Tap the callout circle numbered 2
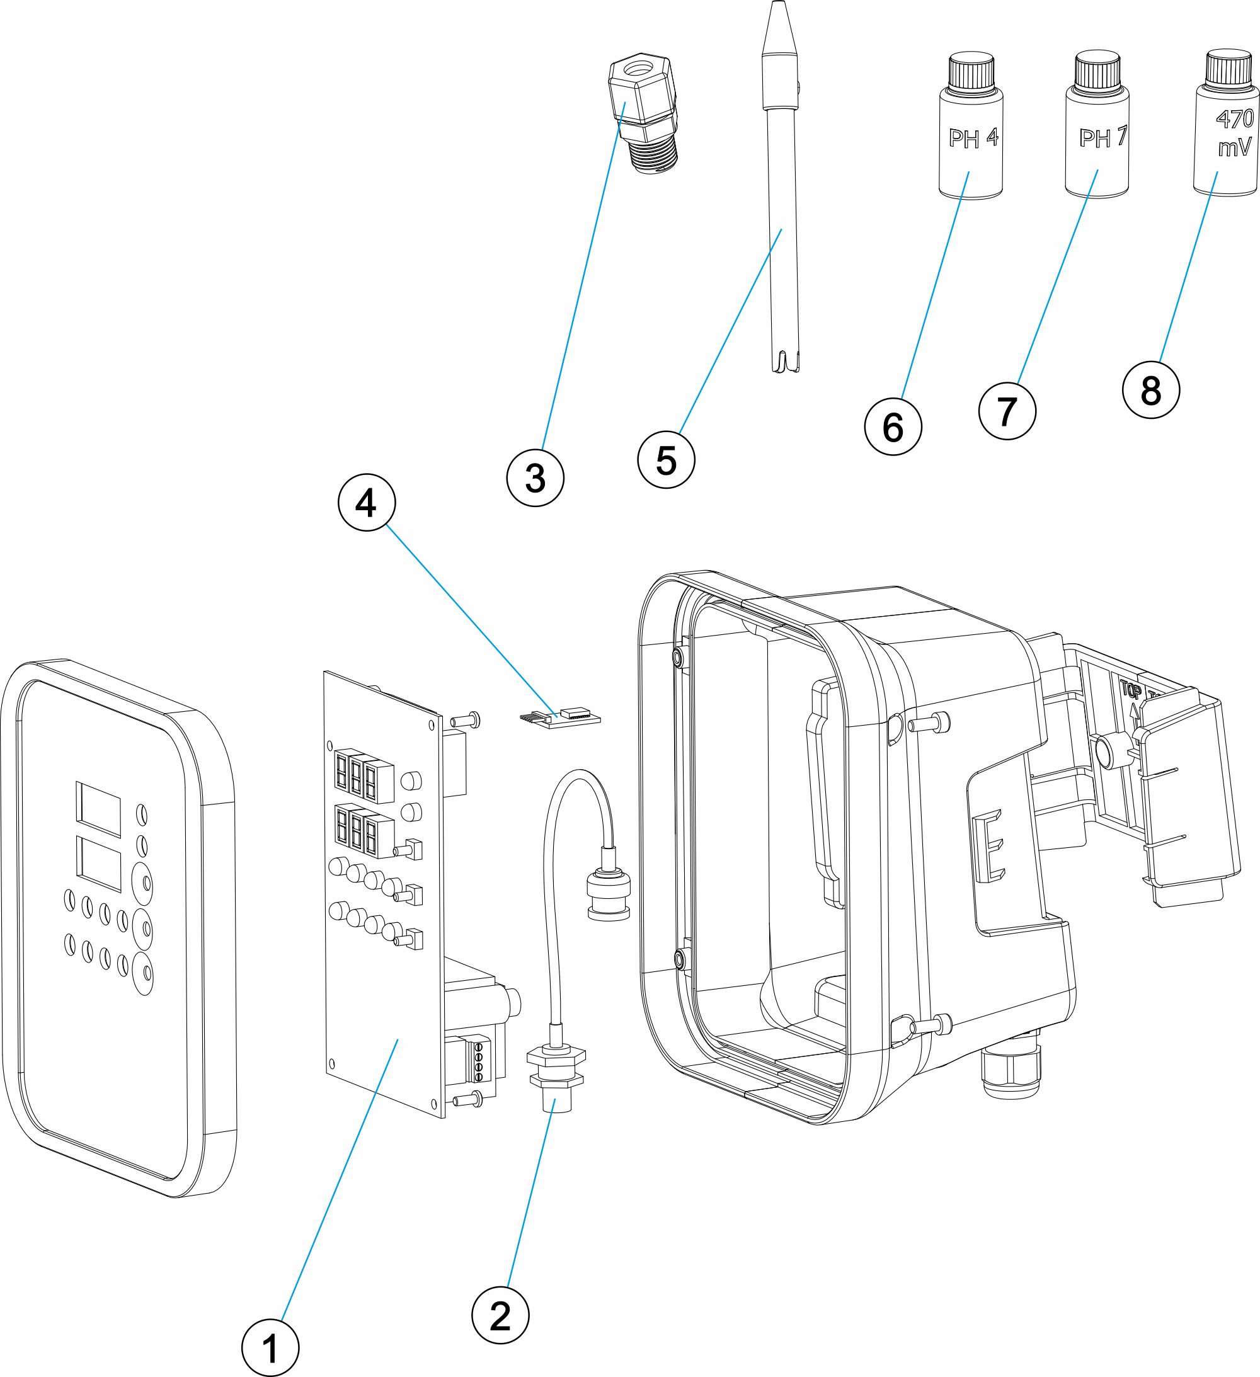(500, 1315)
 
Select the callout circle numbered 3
(535, 477)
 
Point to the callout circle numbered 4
(367, 503)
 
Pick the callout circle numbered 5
(665, 460)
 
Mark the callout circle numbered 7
(1007, 411)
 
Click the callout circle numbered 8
(1150, 390)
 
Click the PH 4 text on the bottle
(972, 139)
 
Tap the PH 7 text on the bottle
(1101, 138)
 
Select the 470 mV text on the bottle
(1234, 132)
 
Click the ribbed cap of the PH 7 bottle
(1097, 71)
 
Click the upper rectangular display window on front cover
(98, 809)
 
